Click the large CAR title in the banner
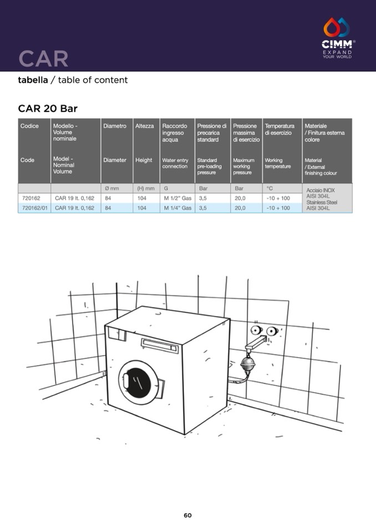coord(43,59)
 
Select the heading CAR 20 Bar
coord(48,109)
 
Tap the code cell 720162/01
coord(34,207)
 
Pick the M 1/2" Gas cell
coord(177,198)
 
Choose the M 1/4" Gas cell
coord(177,207)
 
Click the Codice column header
coord(29,126)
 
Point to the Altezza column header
coord(144,126)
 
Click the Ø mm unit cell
coord(112,188)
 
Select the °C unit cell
coord(270,188)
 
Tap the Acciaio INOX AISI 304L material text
coord(321,193)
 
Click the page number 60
coord(187,515)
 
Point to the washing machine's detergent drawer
coord(160,346)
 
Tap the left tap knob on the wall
coord(257,330)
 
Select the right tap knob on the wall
coord(272,331)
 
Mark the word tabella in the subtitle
coord(33,80)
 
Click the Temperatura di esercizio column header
coord(280,129)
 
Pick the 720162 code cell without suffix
coord(31,198)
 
